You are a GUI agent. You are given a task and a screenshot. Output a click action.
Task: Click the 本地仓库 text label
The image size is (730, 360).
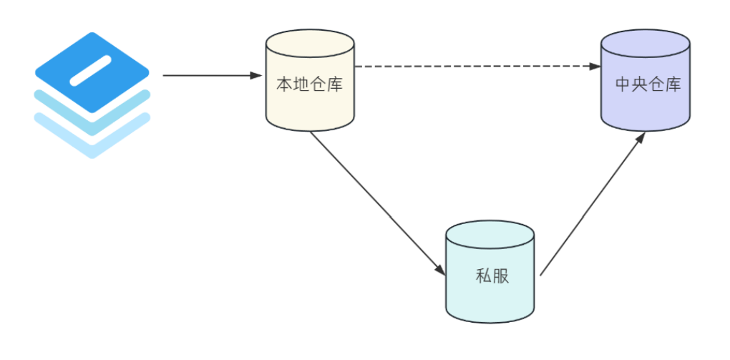309,84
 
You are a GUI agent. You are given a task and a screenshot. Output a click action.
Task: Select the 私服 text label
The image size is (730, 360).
492,276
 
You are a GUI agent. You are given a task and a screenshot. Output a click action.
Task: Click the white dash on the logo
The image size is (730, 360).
91,70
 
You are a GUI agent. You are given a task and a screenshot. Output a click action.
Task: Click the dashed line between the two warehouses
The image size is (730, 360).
472,67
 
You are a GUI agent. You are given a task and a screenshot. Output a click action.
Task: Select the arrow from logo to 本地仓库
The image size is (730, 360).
208,74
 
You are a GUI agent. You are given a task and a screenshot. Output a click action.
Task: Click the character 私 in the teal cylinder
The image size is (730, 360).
483,276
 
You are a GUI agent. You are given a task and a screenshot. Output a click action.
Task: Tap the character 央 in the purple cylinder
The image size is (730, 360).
639,84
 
